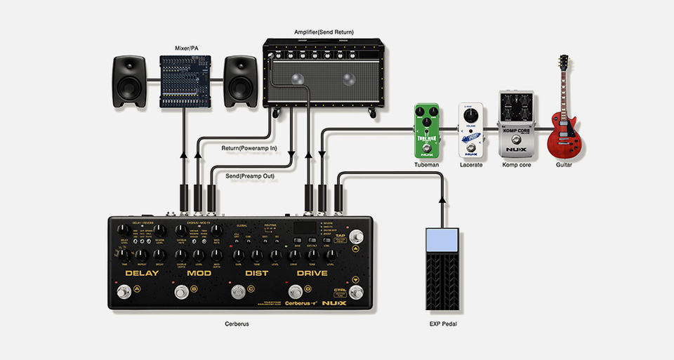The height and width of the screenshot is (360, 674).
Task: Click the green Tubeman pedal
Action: click(x=426, y=130)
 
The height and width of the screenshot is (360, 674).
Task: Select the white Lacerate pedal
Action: click(x=471, y=131)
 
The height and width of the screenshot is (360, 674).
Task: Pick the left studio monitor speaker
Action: click(x=131, y=81)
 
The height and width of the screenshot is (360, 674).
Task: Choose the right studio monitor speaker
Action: click(x=241, y=81)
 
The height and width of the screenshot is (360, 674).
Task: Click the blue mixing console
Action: click(x=185, y=81)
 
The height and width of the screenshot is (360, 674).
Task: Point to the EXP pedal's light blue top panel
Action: click(x=442, y=240)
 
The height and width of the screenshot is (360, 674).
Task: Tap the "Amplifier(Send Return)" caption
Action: click(x=324, y=32)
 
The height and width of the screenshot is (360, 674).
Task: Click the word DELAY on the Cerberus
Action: click(x=142, y=272)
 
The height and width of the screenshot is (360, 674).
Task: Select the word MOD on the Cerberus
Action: click(x=199, y=272)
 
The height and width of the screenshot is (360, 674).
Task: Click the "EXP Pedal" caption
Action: click(x=443, y=324)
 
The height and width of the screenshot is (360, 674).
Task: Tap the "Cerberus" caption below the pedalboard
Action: click(x=236, y=324)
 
